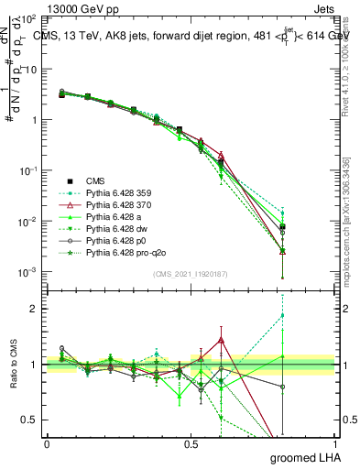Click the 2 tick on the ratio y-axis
click(35, 309)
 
